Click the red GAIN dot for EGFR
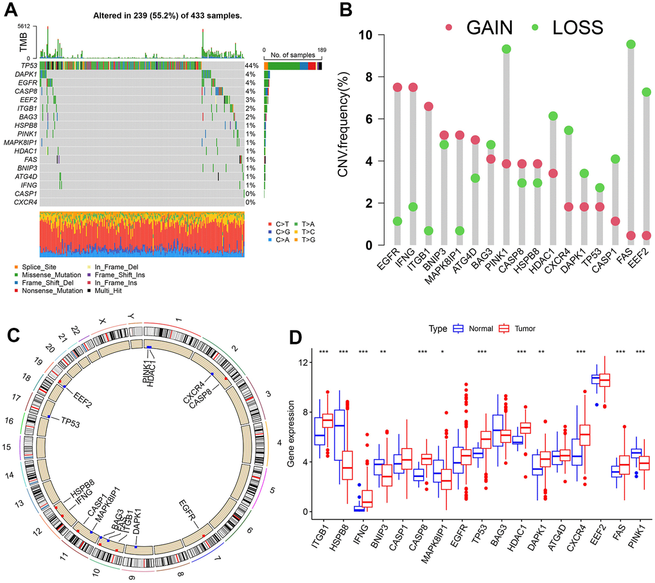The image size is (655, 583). click(x=380, y=87)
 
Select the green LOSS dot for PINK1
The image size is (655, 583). click(x=507, y=49)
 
